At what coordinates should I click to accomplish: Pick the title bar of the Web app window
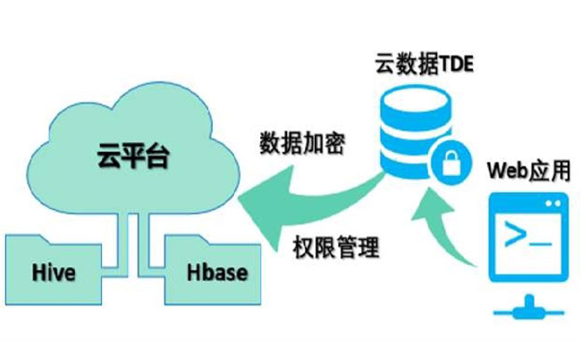pos(528,203)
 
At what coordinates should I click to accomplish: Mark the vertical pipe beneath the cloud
pos(128,236)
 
